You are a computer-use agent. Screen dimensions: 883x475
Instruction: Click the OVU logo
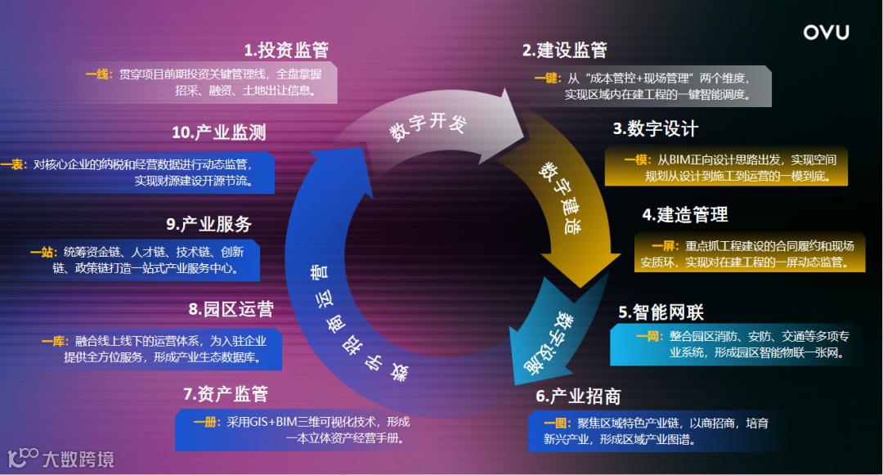[826, 33]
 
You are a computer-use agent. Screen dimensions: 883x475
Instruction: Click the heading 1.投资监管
[286, 50]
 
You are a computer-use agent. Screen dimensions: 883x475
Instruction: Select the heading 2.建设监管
[565, 50]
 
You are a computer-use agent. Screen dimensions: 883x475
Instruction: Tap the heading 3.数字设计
[656, 129]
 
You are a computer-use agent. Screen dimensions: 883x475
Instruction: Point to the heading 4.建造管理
[685, 215]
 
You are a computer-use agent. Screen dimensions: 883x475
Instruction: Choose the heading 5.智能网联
[661, 311]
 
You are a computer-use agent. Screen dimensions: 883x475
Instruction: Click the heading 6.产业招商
[578, 397]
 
